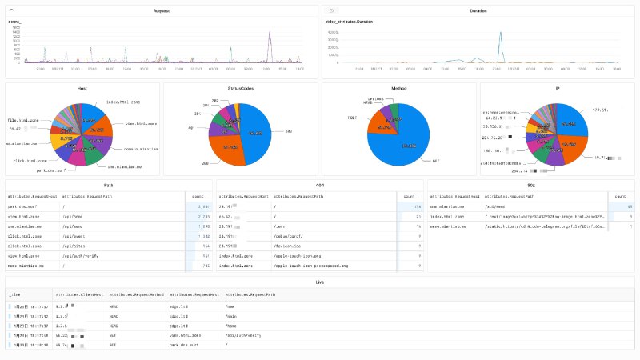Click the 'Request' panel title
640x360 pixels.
pos(162,11)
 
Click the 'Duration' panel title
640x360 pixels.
pos(478,11)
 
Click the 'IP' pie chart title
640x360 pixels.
pos(557,88)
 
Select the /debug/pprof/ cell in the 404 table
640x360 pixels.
pos(287,237)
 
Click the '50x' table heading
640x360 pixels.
pos(531,184)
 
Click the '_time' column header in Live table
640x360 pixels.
pos(16,295)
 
